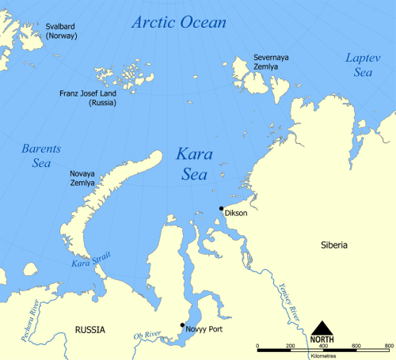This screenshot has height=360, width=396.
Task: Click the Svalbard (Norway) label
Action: coord(61,31)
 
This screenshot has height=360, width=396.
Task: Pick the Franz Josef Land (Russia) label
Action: coord(89,98)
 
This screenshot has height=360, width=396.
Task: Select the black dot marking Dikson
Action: coord(221,208)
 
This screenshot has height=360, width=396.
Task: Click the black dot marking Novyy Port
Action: coord(182,324)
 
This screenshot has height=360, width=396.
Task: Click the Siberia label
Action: coord(333,245)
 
